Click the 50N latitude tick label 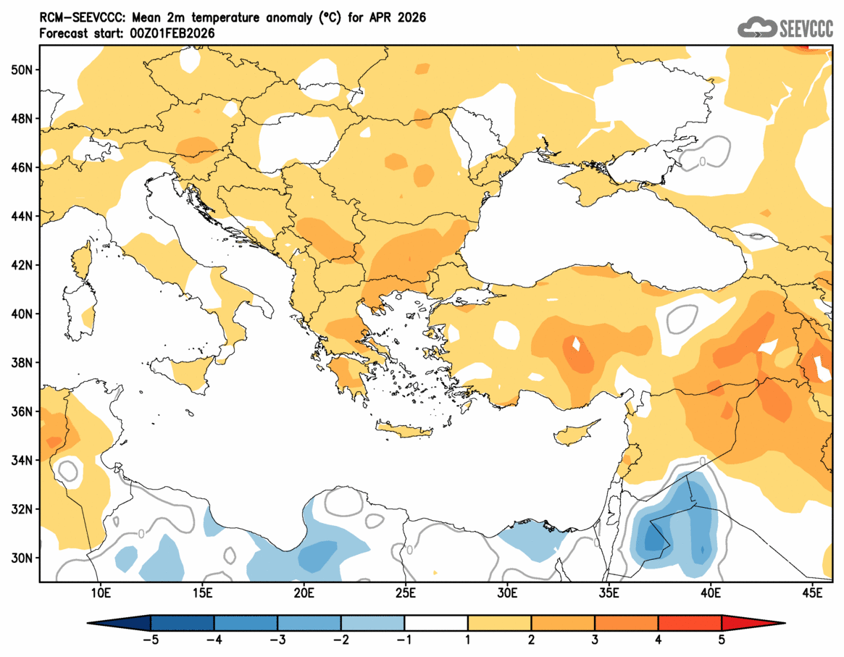point(21,70)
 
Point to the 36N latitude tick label point(21,411)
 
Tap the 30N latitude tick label point(21,558)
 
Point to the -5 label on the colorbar point(151,640)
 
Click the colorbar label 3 point(594,640)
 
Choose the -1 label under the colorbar point(404,640)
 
